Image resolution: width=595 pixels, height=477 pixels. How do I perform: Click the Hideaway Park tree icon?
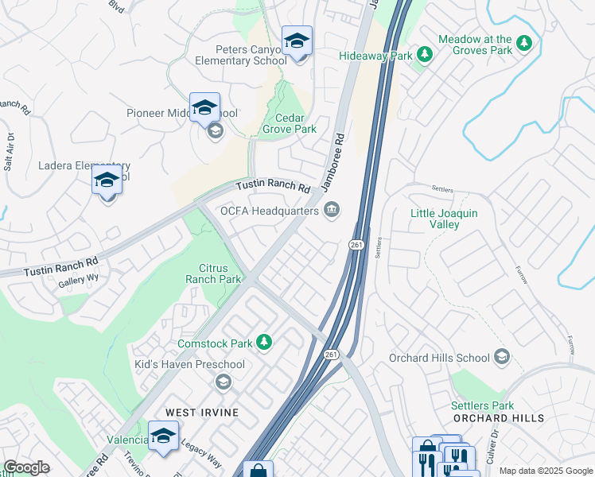coord(426,54)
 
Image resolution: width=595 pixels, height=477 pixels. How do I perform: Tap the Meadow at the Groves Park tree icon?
coord(524,43)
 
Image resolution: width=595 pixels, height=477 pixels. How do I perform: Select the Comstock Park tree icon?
coord(264,343)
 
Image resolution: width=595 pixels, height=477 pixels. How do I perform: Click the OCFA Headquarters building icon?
coord(332,210)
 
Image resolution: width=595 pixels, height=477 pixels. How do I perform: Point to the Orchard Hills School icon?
coord(501,357)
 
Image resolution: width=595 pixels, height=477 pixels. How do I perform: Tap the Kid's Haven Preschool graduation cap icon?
coord(224,382)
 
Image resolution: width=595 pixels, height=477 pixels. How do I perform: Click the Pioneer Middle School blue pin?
coord(204,107)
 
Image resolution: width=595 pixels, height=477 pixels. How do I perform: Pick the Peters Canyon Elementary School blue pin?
coord(297,41)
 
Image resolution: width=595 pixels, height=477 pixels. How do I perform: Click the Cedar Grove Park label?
coord(290,123)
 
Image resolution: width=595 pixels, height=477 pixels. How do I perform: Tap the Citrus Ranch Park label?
coord(213,273)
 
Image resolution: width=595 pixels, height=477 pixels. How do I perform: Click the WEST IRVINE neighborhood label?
coord(198,413)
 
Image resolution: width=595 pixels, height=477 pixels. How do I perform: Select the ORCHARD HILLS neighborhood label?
coord(499,417)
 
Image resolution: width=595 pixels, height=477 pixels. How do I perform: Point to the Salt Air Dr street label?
coord(10,153)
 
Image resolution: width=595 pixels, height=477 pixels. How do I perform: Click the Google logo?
coord(26,467)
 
